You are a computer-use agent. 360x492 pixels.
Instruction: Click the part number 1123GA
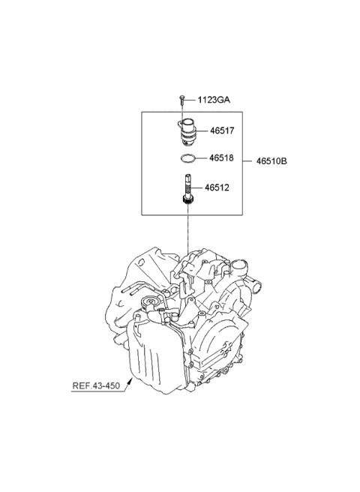[215, 99]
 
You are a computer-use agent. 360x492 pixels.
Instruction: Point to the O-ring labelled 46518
[190, 158]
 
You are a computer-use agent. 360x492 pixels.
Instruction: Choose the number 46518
[222, 158]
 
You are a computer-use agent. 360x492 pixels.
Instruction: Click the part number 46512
[222, 190]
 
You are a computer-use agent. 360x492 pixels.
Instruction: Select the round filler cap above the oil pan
[154, 304]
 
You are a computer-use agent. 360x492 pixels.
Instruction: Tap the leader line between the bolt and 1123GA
[191, 99]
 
